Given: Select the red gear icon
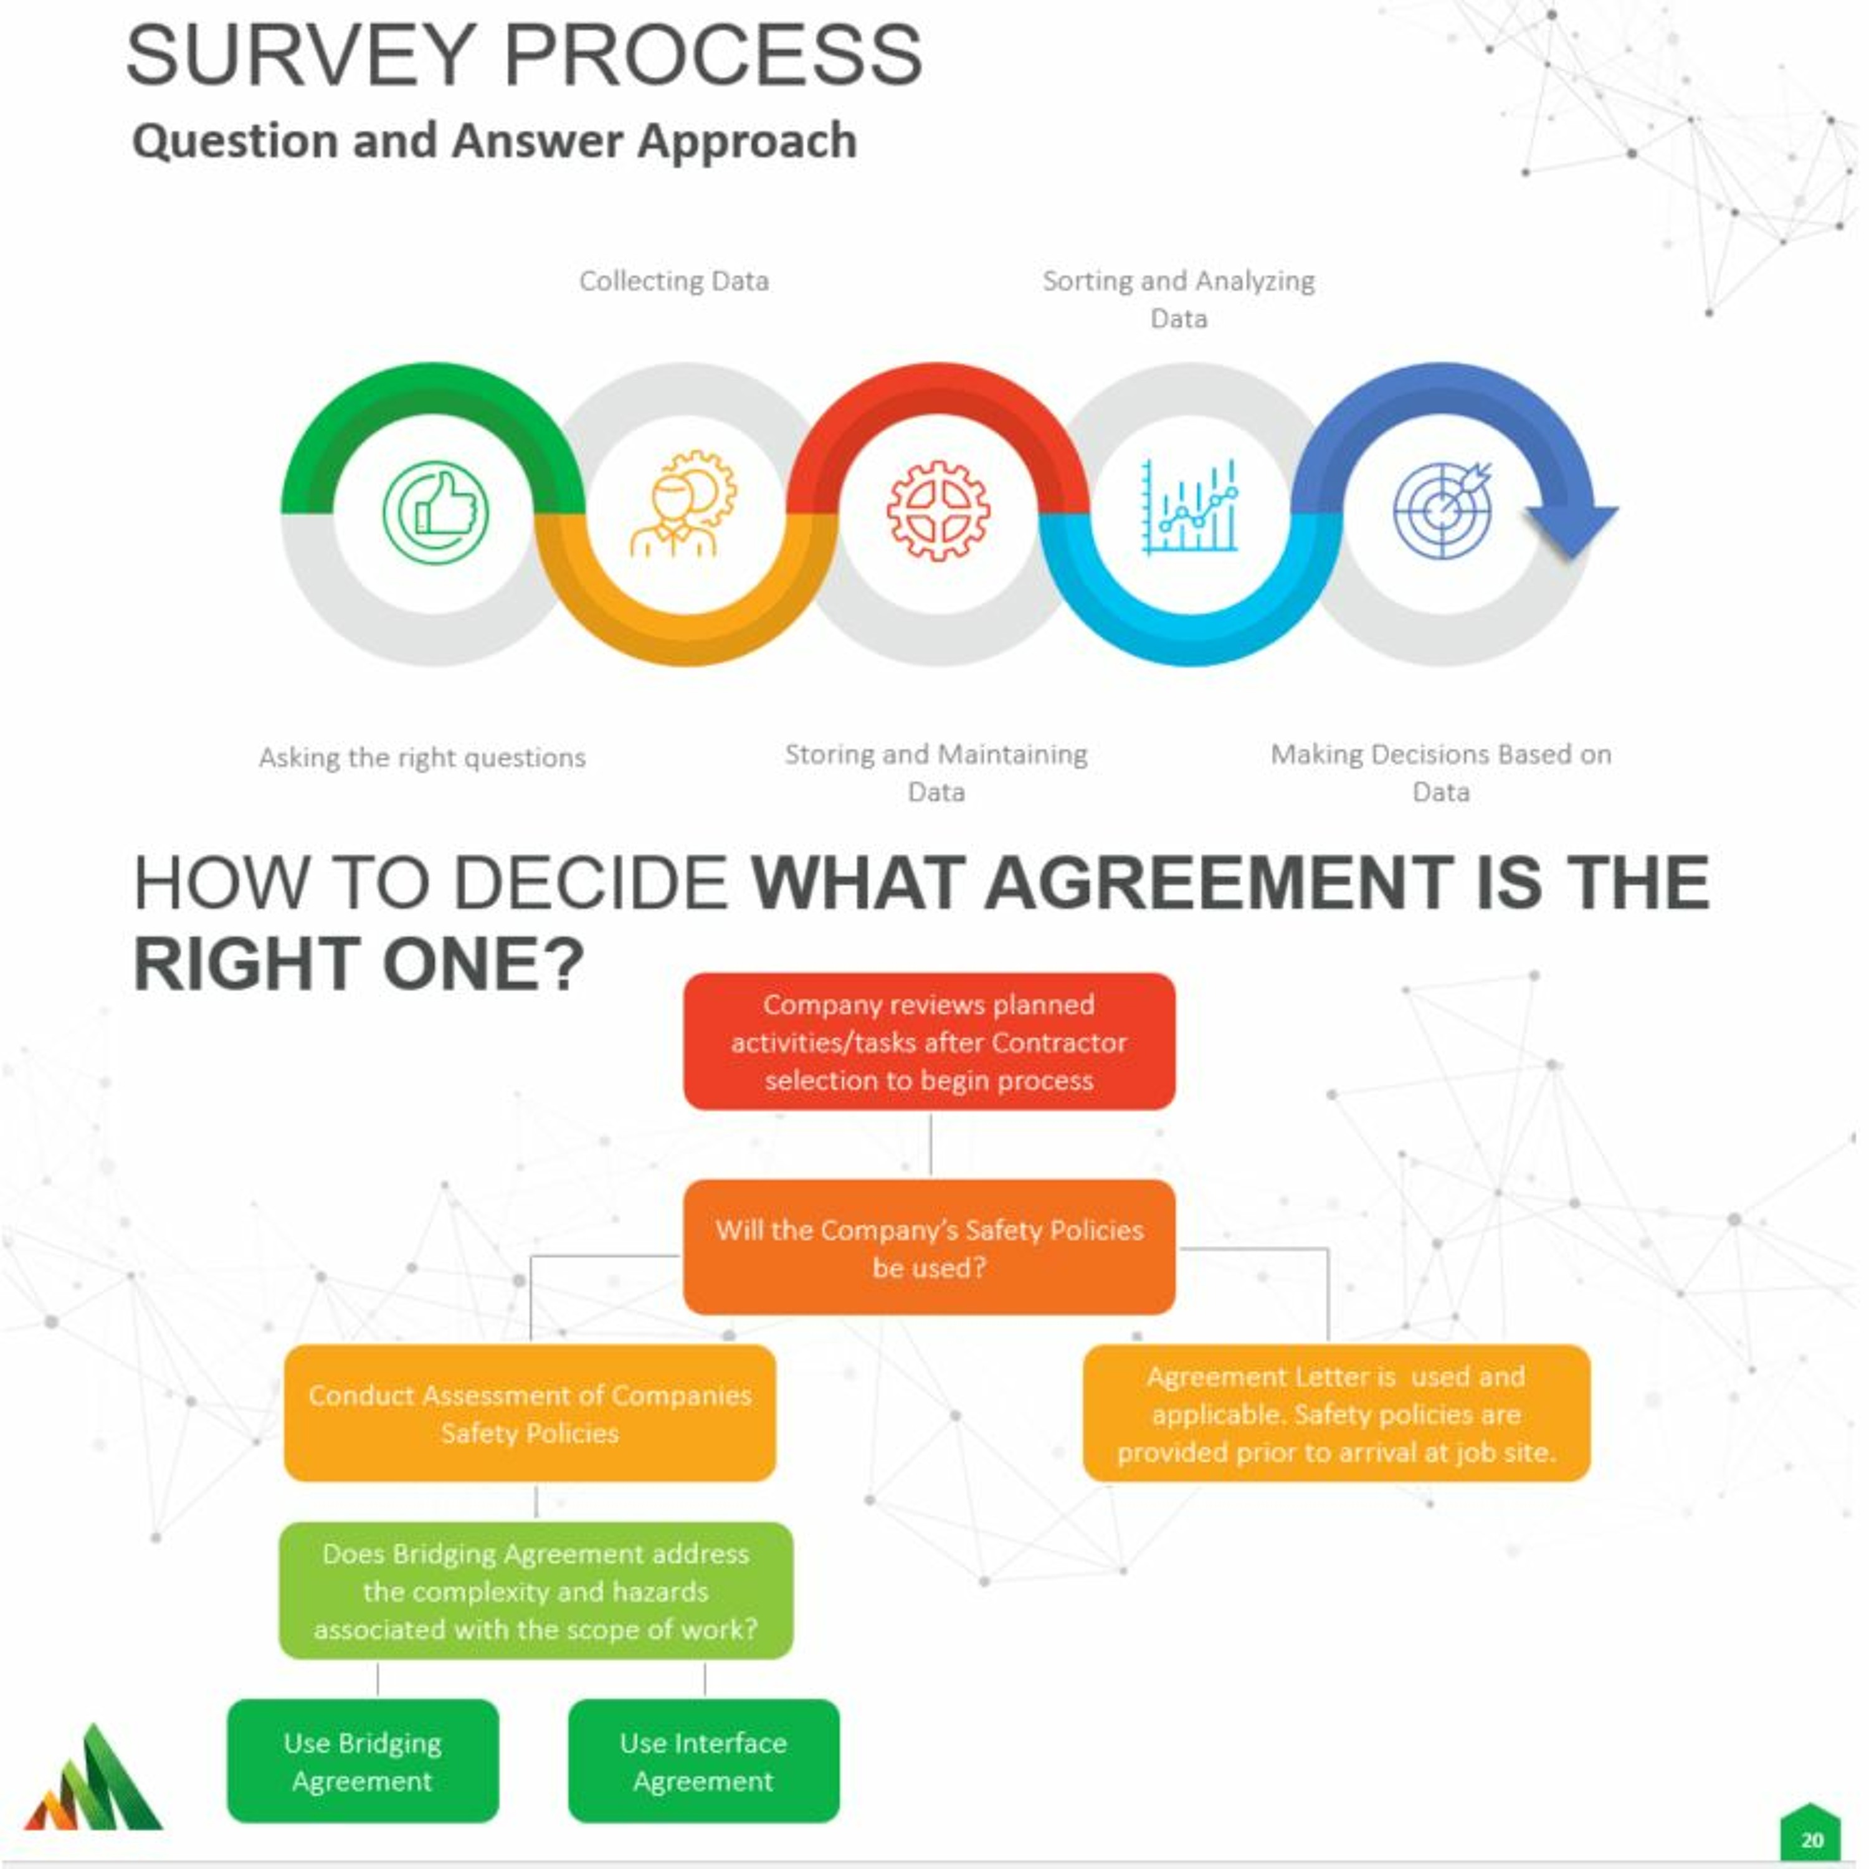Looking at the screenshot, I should [x=938, y=511].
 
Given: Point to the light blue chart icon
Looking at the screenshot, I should [x=1189, y=507].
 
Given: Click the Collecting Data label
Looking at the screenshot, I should [x=674, y=282].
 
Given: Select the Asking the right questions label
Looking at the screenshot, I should [x=422, y=758].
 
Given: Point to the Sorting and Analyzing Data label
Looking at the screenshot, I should [x=1178, y=299].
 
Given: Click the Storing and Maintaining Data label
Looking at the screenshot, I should [x=936, y=773].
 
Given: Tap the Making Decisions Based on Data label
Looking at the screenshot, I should [x=1440, y=773].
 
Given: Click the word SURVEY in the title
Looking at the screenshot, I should [x=300, y=56].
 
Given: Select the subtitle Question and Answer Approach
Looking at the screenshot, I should [x=494, y=141].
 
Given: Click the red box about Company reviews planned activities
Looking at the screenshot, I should [x=929, y=1042].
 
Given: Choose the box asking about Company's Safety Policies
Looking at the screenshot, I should [x=929, y=1248].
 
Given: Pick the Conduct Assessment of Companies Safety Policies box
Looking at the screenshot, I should [x=530, y=1414].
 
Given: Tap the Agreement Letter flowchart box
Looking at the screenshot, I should [x=1336, y=1414].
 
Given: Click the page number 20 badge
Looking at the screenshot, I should [x=1811, y=1840].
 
